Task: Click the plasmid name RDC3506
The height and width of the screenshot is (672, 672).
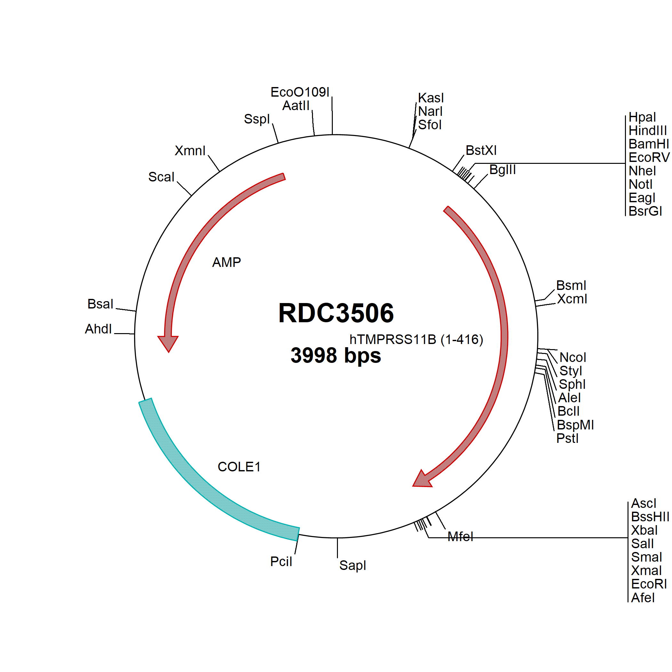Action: pyautogui.click(x=336, y=313)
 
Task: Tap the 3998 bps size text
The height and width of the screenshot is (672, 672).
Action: pyautogui.click(x=336, y=356)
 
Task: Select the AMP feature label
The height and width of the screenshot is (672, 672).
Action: pyautogui.click(x=227, y=262)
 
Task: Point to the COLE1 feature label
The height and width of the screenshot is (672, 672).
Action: pyautogui.click(x=239, y=467)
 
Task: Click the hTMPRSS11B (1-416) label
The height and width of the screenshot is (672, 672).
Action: pyautogui.click(x=416, y=340)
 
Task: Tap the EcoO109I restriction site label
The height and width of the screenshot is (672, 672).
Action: pyautogui.click(x=300, y=92)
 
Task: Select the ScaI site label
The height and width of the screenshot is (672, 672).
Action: pyautogui.click(x=161, y=177)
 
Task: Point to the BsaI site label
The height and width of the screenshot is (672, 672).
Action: pyautogui.click(x=100, y=304)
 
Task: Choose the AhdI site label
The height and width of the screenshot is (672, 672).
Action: pyautogui.click(x=99, y=329)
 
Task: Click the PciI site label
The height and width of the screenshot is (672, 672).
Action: pyautogui.click(x=281, y=561)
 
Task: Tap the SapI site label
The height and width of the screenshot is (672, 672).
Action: pyautogui.click(x=352, y=565)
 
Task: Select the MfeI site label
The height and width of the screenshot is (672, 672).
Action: pyautogui.click(x=460, y=537)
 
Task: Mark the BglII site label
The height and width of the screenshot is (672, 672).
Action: pyautogui.click(x=502, y=170)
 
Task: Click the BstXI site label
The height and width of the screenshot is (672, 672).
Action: pyautogui.click(x=481, y=150)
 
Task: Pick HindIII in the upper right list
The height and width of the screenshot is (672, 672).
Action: pyautogui.click(x=648, y=131)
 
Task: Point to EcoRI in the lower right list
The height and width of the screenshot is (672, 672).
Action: pyautogui.click(x=649, y=584)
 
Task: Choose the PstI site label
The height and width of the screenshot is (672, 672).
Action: pyautogui.click(x=567, y=438)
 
